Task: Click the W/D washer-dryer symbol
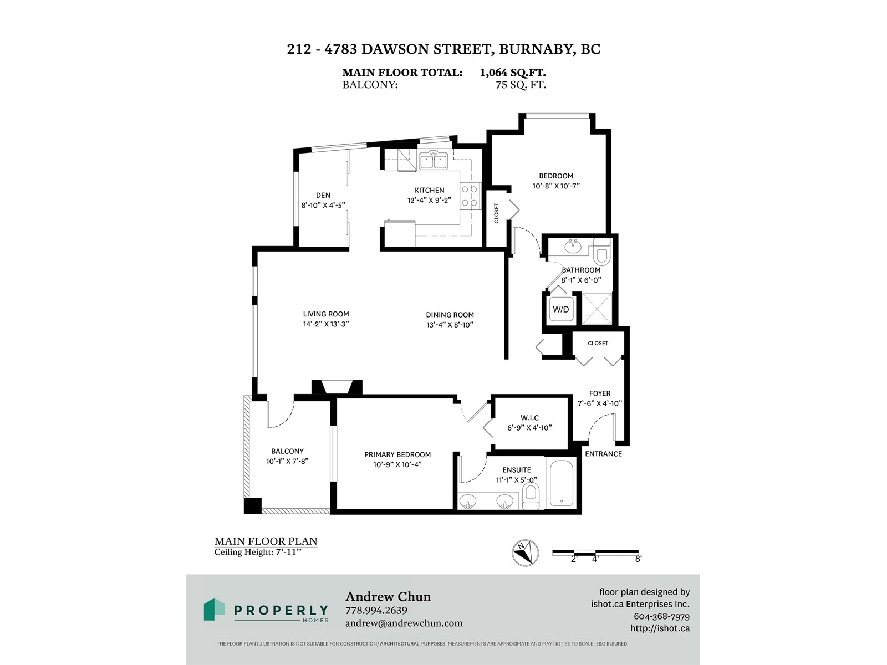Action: (x=561, y=309)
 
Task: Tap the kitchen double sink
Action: (x=433, y=161)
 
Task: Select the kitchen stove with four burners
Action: (x=470, y=196)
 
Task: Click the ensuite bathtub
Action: (x=561, y=483)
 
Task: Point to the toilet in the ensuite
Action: (x=531, y=497)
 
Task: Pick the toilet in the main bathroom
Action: (x=601, y=252)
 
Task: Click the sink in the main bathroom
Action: (x=573, y=245)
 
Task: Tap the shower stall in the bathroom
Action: (x=597, y=308)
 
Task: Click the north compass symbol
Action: (x=526, y=553)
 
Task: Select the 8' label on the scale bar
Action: (x=638, y=559)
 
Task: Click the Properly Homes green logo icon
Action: (x=214, y=609)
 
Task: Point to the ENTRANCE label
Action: (x=603, y=454)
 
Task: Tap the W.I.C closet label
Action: (x=529, y=418)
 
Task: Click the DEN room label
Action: (x=323, y=196)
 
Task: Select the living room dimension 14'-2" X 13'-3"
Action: (x=326, y=324)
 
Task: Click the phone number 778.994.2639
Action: (x=376, y=610)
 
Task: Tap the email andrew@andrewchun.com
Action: (x=404, y=623)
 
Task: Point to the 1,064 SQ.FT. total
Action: (x=512, y=73)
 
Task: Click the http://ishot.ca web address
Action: (x=660, y=628)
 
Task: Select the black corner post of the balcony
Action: (x=253, y=506)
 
